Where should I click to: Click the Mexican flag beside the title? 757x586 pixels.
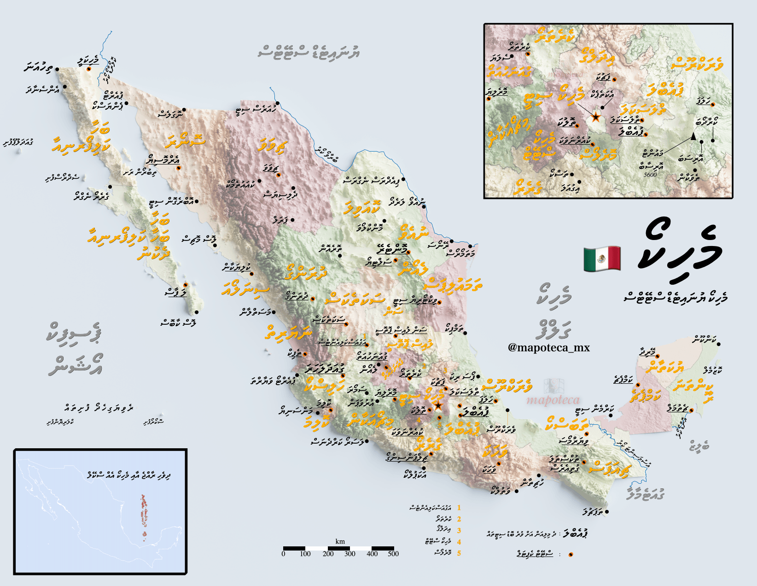tap(602, 258)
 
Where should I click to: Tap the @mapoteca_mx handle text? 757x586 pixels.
tap(548, 348)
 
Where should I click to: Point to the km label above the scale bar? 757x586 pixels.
tap(340, 541)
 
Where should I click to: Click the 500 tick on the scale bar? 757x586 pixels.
tap(393, 554)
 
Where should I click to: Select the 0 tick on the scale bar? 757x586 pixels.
tap(284, 554)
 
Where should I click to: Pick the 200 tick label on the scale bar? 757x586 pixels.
tap(328, 554)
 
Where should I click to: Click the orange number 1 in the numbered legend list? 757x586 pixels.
tap(459, 508)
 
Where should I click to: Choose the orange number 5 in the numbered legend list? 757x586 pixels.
tap(459, 553)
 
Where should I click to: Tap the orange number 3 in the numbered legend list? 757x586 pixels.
tap(459, 530)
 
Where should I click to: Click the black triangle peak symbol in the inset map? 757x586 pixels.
tap(693, 136)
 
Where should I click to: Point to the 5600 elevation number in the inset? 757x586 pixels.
tap(650, 175)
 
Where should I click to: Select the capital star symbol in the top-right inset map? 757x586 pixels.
tap(595, 117)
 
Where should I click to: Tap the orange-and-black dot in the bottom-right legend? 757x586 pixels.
tap(571, 555)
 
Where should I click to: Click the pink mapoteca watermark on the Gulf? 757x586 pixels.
tap(553, 399)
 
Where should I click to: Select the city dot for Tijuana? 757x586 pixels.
tap(57, 69)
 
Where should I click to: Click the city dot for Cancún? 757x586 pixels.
tap(718, 344)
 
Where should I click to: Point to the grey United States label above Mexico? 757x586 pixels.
tap(309, 52)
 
